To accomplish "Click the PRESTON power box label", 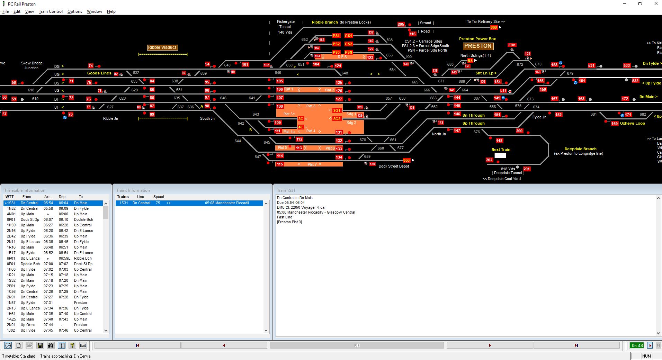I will click(x=478, y=46).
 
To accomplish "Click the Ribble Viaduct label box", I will click(x=162, y=47).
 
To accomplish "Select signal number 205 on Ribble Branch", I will click(x=401, y=24).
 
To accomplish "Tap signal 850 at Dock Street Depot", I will click(x=406, y=160).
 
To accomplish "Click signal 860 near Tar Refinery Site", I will click(x=493, y=27).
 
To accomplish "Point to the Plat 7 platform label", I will click(x=312, y=164).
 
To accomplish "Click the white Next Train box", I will click(x=500, y=155).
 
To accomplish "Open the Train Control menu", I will click(x=51, y=11).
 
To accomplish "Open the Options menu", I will click(x=74, y=11).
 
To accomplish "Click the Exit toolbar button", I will click(x=83, y=345).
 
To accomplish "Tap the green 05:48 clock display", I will click(x=637, y=345).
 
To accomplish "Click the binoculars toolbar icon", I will click(x=51, y=345).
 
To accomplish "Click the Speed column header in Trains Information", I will click(x=159, y=197).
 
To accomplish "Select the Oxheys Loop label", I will click(x=632, y=123).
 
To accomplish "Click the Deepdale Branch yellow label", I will click(x=580, y=149).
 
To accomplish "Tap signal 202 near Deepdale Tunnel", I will click(x=489, y=160).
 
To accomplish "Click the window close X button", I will click(x=656, y=4).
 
